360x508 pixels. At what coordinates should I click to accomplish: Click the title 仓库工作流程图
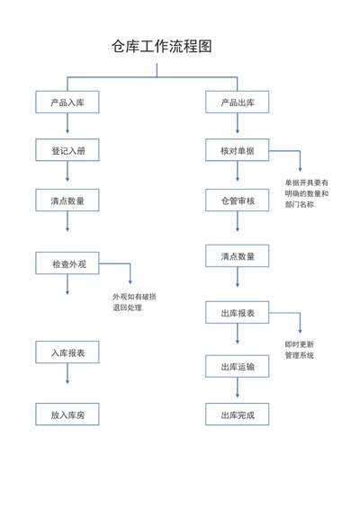pos(161,47)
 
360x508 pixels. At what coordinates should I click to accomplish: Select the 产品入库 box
pos(67,102)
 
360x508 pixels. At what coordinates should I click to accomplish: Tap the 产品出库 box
pos(237,102)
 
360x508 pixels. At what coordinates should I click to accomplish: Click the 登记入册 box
pos(67,150)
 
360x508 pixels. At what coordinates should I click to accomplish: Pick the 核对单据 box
pos(237,150)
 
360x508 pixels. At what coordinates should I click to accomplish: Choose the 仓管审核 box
pos(237,201)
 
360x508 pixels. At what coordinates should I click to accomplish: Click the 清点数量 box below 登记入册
pos(67,201)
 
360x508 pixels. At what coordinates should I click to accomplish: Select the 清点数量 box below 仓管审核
pos(237,256)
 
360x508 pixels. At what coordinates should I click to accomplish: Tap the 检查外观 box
pos(67,263)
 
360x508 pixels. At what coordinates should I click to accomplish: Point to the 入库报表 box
pos(67,352)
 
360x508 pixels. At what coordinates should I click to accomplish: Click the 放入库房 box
pos(67,414)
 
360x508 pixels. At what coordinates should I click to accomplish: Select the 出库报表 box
pos(237,313)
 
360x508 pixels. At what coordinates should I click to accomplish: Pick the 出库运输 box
pos(237,367)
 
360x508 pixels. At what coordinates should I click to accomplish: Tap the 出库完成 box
pos(237,414)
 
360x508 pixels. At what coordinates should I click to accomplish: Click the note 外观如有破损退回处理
pos(134,302)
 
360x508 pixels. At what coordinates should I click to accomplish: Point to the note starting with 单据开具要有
pos(307,193)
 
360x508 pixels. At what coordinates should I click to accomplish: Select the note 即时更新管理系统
pos(299,350)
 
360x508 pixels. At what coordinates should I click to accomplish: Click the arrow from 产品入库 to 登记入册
pos(67,123)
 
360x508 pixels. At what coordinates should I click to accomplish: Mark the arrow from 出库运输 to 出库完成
pos(238,388)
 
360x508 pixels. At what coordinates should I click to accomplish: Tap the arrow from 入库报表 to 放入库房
pos(67,373)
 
